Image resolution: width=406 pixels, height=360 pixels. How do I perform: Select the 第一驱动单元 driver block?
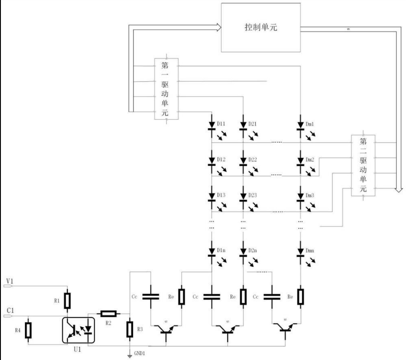tap(166, 88)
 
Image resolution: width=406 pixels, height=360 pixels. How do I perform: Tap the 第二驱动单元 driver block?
tap(363, 165)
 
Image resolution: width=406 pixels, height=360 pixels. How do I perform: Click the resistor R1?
tap(67, 300)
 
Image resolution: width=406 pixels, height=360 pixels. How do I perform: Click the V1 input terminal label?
tap(9, 281)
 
